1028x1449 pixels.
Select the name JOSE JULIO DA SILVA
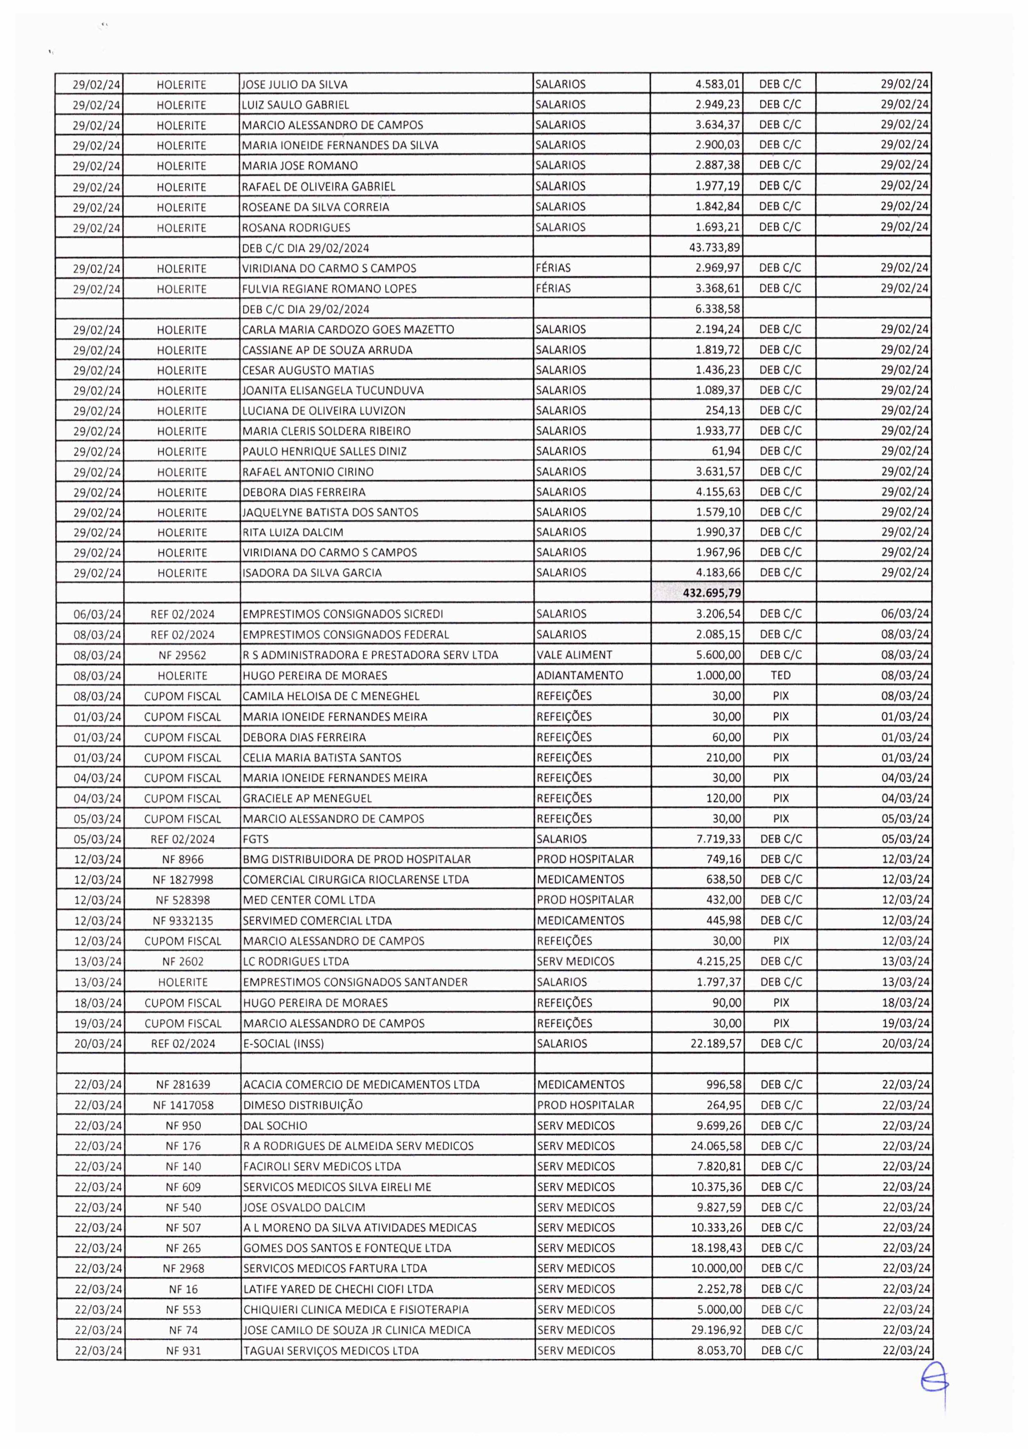click(295, 84)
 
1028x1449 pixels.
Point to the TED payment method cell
click(780, 675)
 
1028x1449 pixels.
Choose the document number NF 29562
click(182, 655)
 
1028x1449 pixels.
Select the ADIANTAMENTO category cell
click(579, 675)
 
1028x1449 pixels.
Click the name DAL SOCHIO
click(275, 1125)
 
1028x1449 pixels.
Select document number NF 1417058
click(183, 1105)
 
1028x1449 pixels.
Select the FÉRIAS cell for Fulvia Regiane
click(553, 289)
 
